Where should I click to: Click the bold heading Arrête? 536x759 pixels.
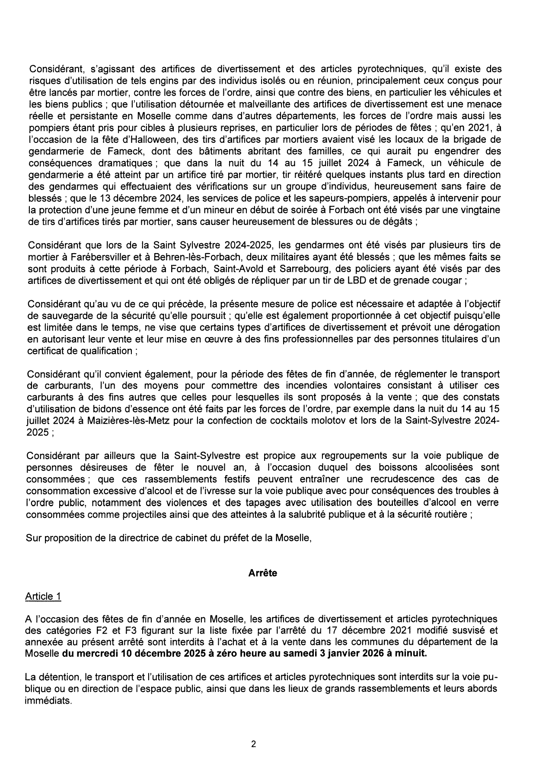click(x=263, y=573)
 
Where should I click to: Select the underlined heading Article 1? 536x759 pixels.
click(x=43, y=596)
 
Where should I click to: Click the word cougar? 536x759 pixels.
click(x=446, y=280)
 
